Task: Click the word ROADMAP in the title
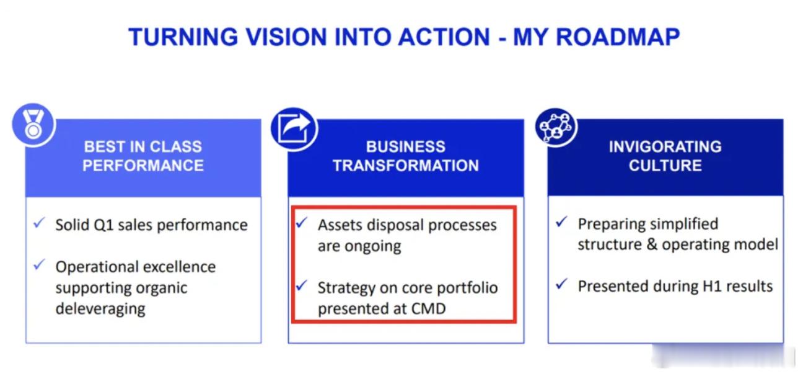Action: pos(618,37)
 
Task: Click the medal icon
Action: pos(33,125)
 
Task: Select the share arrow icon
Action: pos(294,129)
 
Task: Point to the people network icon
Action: pos(556,127)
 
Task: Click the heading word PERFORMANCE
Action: pos(143,166)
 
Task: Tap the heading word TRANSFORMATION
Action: pos(406,166)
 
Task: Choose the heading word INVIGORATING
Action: pos(665,146)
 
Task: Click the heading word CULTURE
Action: pos(665,166)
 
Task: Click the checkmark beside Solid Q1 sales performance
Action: pos(39,223)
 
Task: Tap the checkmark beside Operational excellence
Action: pos(39,265)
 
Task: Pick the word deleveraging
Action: pos(100,309)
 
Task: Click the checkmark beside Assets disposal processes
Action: pos(302,222)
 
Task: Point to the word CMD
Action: pos(428,308)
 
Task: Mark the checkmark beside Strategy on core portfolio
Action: pos(302,285)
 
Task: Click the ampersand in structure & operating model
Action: pos(652,244)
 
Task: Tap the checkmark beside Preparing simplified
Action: pos(562,222)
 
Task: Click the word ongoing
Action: pos(373,247)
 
